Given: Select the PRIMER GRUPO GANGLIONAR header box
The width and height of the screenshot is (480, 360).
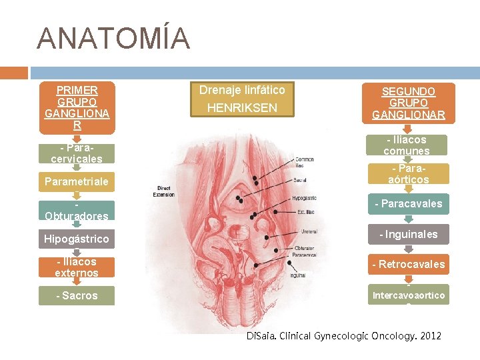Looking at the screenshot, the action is coord(77,107).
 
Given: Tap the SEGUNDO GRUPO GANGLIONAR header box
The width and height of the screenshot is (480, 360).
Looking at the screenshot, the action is coord(409,103).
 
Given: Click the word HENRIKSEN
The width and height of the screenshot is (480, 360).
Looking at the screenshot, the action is coord(242,107).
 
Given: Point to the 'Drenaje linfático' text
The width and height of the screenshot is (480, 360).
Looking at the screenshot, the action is coord(242,90).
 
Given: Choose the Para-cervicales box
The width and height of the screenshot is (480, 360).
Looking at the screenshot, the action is coord(77,153).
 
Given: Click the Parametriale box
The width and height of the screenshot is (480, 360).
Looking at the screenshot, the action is coord(77,181).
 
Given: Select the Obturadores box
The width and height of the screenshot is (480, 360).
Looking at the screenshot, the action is coord(77,211).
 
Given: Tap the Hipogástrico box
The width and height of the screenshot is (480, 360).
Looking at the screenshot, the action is coord(77,239).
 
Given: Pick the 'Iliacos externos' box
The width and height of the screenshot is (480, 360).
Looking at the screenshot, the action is coord(77,267).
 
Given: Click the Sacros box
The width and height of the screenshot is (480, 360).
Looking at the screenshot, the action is coord(77,295).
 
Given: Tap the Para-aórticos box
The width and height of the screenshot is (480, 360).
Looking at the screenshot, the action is coord(409,174).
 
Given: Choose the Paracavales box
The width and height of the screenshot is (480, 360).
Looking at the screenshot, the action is coord(409,203).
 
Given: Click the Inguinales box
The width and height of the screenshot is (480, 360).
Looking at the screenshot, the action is coord(409,234).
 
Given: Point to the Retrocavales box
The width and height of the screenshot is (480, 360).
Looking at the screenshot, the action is coord(409,264).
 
